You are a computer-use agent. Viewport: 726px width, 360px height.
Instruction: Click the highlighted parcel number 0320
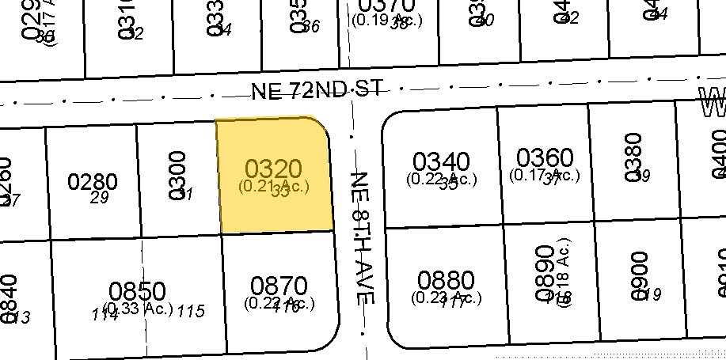pyautogui.click(x=273, y=169)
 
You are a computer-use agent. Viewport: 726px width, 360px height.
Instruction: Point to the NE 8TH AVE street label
pyautogui.click(x=362, y=237)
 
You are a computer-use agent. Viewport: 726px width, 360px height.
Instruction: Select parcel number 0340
pyautogui.click(x=441, y=162)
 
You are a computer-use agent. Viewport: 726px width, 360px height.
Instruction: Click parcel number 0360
pyautogui.click(x=545, y=157)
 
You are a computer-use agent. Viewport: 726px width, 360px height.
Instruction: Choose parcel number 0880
pyautogui.click(x=446, y=281)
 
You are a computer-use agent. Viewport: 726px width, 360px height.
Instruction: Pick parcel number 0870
pyautogui.click(x=278, y=285)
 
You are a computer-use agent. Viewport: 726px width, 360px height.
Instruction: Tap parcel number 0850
pyautogui.click(x=138, y=291)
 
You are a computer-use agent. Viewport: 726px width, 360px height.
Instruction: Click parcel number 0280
pyautogui.click(x=93, y=182)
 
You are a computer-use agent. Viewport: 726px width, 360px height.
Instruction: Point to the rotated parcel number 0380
pyautogui.click(x=633, y=157)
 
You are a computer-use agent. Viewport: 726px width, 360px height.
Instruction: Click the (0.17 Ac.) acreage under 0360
pyautogui.click(x=545, y=175)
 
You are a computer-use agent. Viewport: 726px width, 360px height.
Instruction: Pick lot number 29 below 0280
pyautogui.click(x=99, y=198)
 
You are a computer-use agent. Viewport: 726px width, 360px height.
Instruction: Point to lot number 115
pyautogui.click(x=190, y=311)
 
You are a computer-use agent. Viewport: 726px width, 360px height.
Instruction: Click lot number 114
pyautogui.click(x=105, y=313)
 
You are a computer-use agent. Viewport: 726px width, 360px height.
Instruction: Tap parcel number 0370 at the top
pyautogui.click(x=386, y=6)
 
